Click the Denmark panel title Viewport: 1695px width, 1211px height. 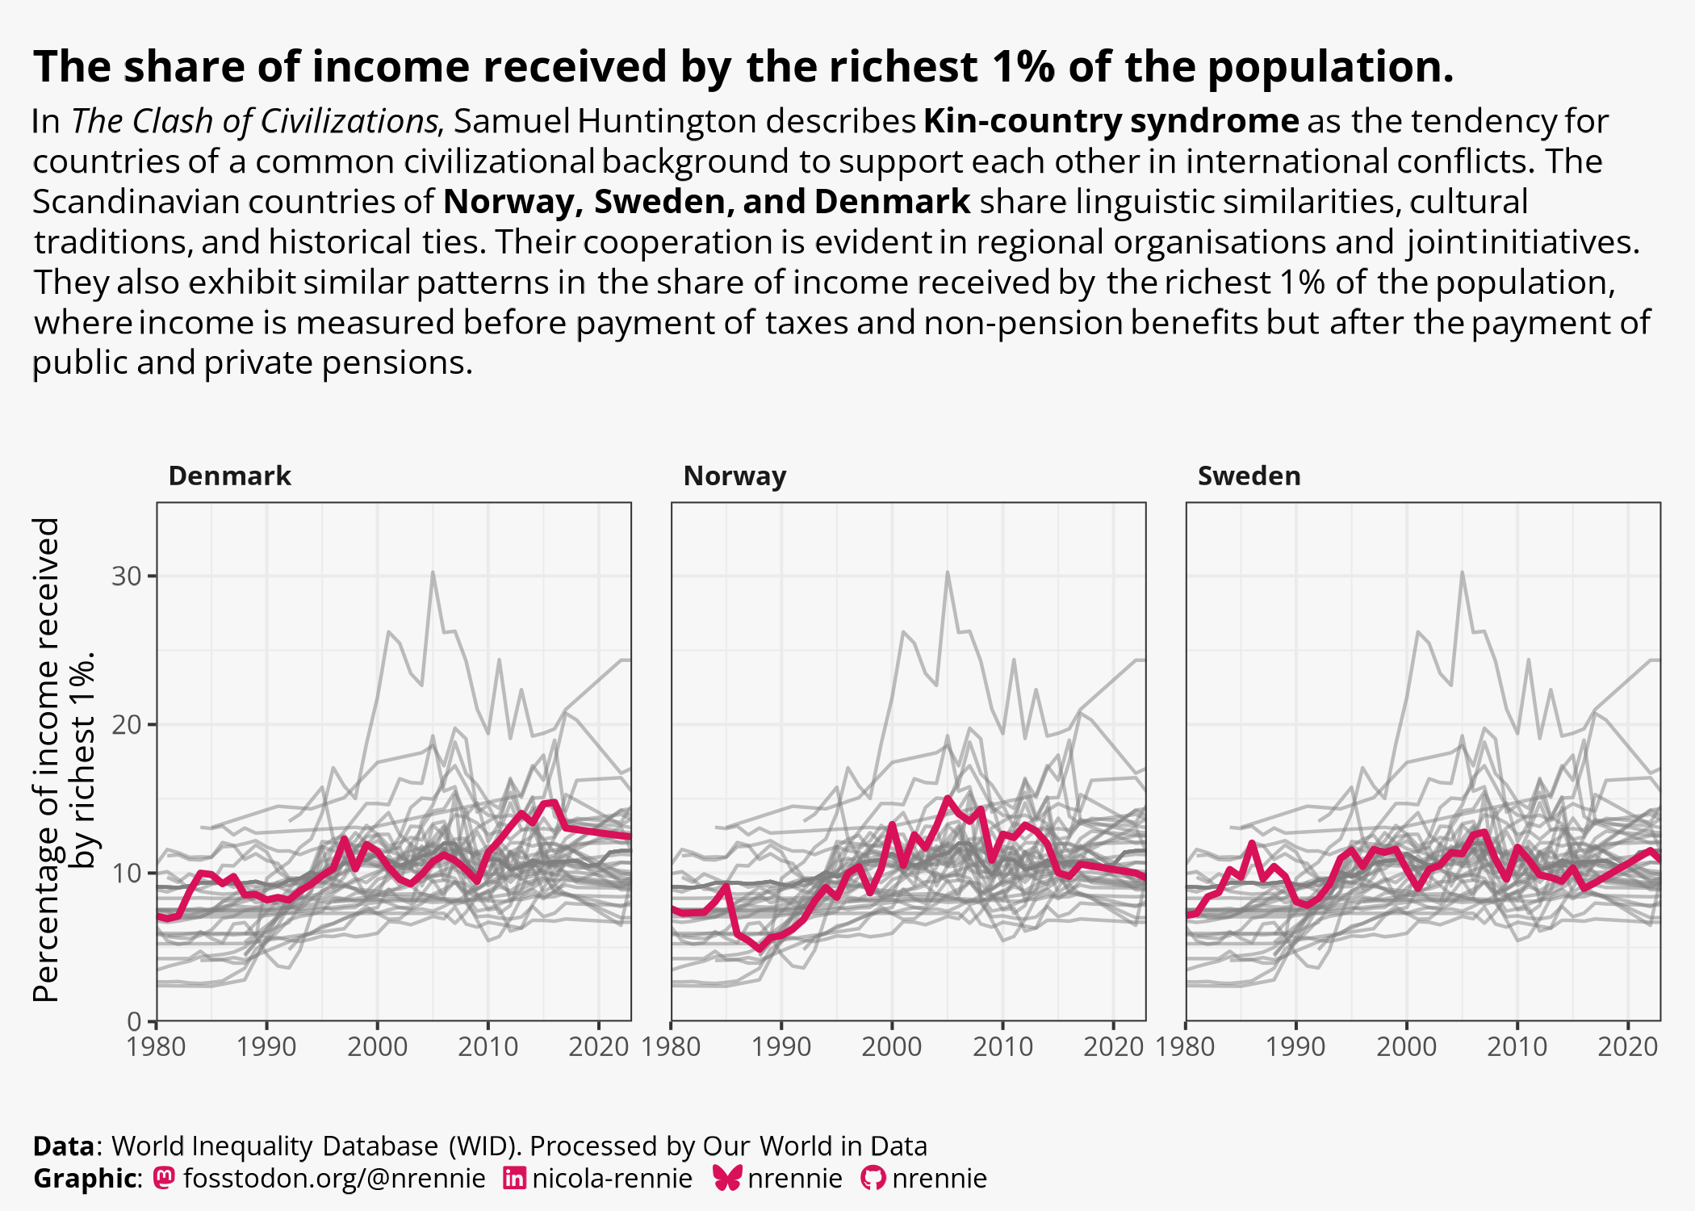[x=229, y=476]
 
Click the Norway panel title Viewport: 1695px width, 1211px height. [x=734, y=476]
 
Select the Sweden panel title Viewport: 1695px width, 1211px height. [x=1249, y=476]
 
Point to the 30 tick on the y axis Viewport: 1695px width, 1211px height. [x=127, y=576]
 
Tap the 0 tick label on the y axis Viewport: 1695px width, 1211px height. [x=134, y=1021]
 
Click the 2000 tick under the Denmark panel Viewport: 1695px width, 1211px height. [x=377, y=1047]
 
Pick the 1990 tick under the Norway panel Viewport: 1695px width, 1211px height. [x=781, y=1047]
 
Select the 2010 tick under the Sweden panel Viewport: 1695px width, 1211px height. [x=1517, y=1047]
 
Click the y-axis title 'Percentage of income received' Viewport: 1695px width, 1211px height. [x=47, y=759]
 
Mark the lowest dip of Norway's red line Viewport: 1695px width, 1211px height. [x=759, y=949]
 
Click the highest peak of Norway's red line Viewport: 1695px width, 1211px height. [x=948, y=798]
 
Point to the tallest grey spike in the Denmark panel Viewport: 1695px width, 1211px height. [x=433, y=573]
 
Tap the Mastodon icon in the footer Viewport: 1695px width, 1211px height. [x=164, y=1178]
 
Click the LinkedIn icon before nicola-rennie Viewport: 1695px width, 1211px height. [x=514, y=1178]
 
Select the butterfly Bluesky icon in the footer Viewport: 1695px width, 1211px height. [x=727, y=1178]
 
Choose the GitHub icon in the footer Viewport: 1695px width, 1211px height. [x=873, y=1178]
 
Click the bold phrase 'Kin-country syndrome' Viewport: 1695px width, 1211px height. [x=1111, y=121]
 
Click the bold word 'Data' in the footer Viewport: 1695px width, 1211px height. [x=64, y=1146]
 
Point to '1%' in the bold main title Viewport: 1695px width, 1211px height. [x=1023, y=66]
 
